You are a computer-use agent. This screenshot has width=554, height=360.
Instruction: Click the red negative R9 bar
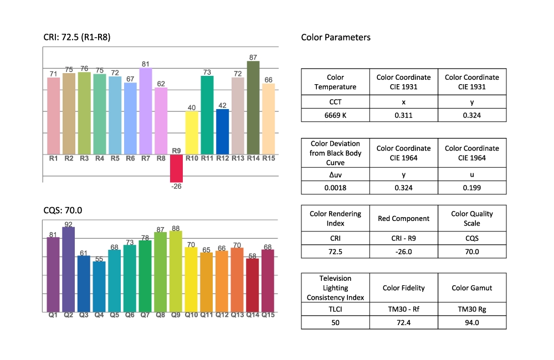coord(176,168)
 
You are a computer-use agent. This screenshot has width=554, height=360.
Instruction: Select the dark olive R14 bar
coord(253,108)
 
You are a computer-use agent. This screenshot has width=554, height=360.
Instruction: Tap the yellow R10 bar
coord(192,133)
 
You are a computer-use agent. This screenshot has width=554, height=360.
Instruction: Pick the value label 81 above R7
coord(146,64)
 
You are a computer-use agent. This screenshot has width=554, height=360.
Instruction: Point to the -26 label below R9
coord(176,186)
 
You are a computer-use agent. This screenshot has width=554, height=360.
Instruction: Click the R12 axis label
coord(222,158)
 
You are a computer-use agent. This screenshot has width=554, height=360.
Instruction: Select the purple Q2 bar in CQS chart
coord(69,269)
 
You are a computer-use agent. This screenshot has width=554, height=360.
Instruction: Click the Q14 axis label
coord(253,315)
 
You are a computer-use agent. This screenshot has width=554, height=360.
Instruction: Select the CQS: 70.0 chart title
coord(63,210)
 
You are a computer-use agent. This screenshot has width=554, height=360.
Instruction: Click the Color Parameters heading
coord(336,38)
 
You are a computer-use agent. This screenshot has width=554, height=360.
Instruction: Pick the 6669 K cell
coord(336,115)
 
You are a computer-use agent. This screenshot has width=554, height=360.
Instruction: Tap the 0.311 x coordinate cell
coord(403,115)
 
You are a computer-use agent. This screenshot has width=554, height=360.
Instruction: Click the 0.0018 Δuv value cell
coord(336,187)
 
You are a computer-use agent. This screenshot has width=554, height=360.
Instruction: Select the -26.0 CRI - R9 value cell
coord(403,251)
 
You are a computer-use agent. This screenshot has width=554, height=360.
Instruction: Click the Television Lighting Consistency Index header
coord(336,288)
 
